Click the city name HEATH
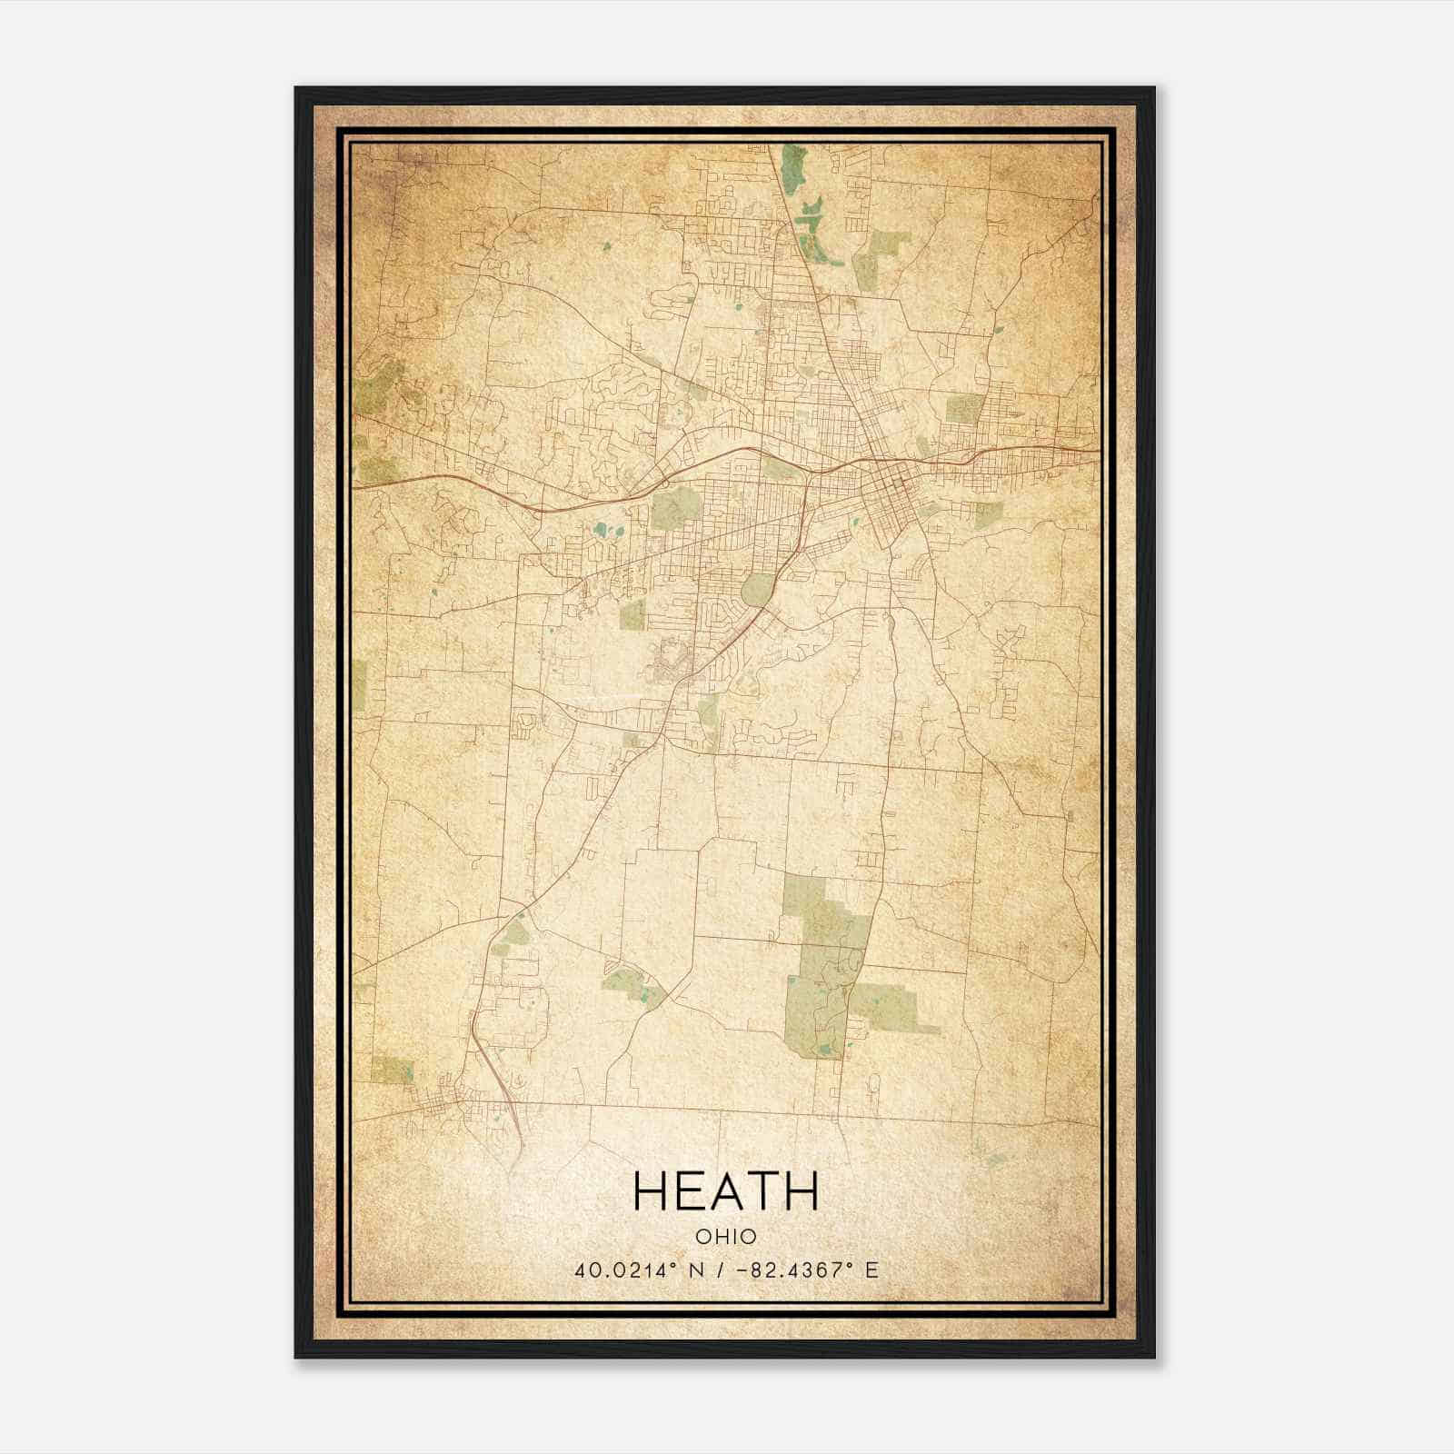[725, 1191]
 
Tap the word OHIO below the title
[725, 1237]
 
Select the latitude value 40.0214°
[626, 1270]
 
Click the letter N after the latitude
[698, 1270]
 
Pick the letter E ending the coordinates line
[871, 1270]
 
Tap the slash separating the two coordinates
[721, 1270]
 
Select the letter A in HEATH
[725, 1191]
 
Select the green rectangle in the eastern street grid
[963, 409]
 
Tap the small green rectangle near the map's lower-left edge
[392, 1070]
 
